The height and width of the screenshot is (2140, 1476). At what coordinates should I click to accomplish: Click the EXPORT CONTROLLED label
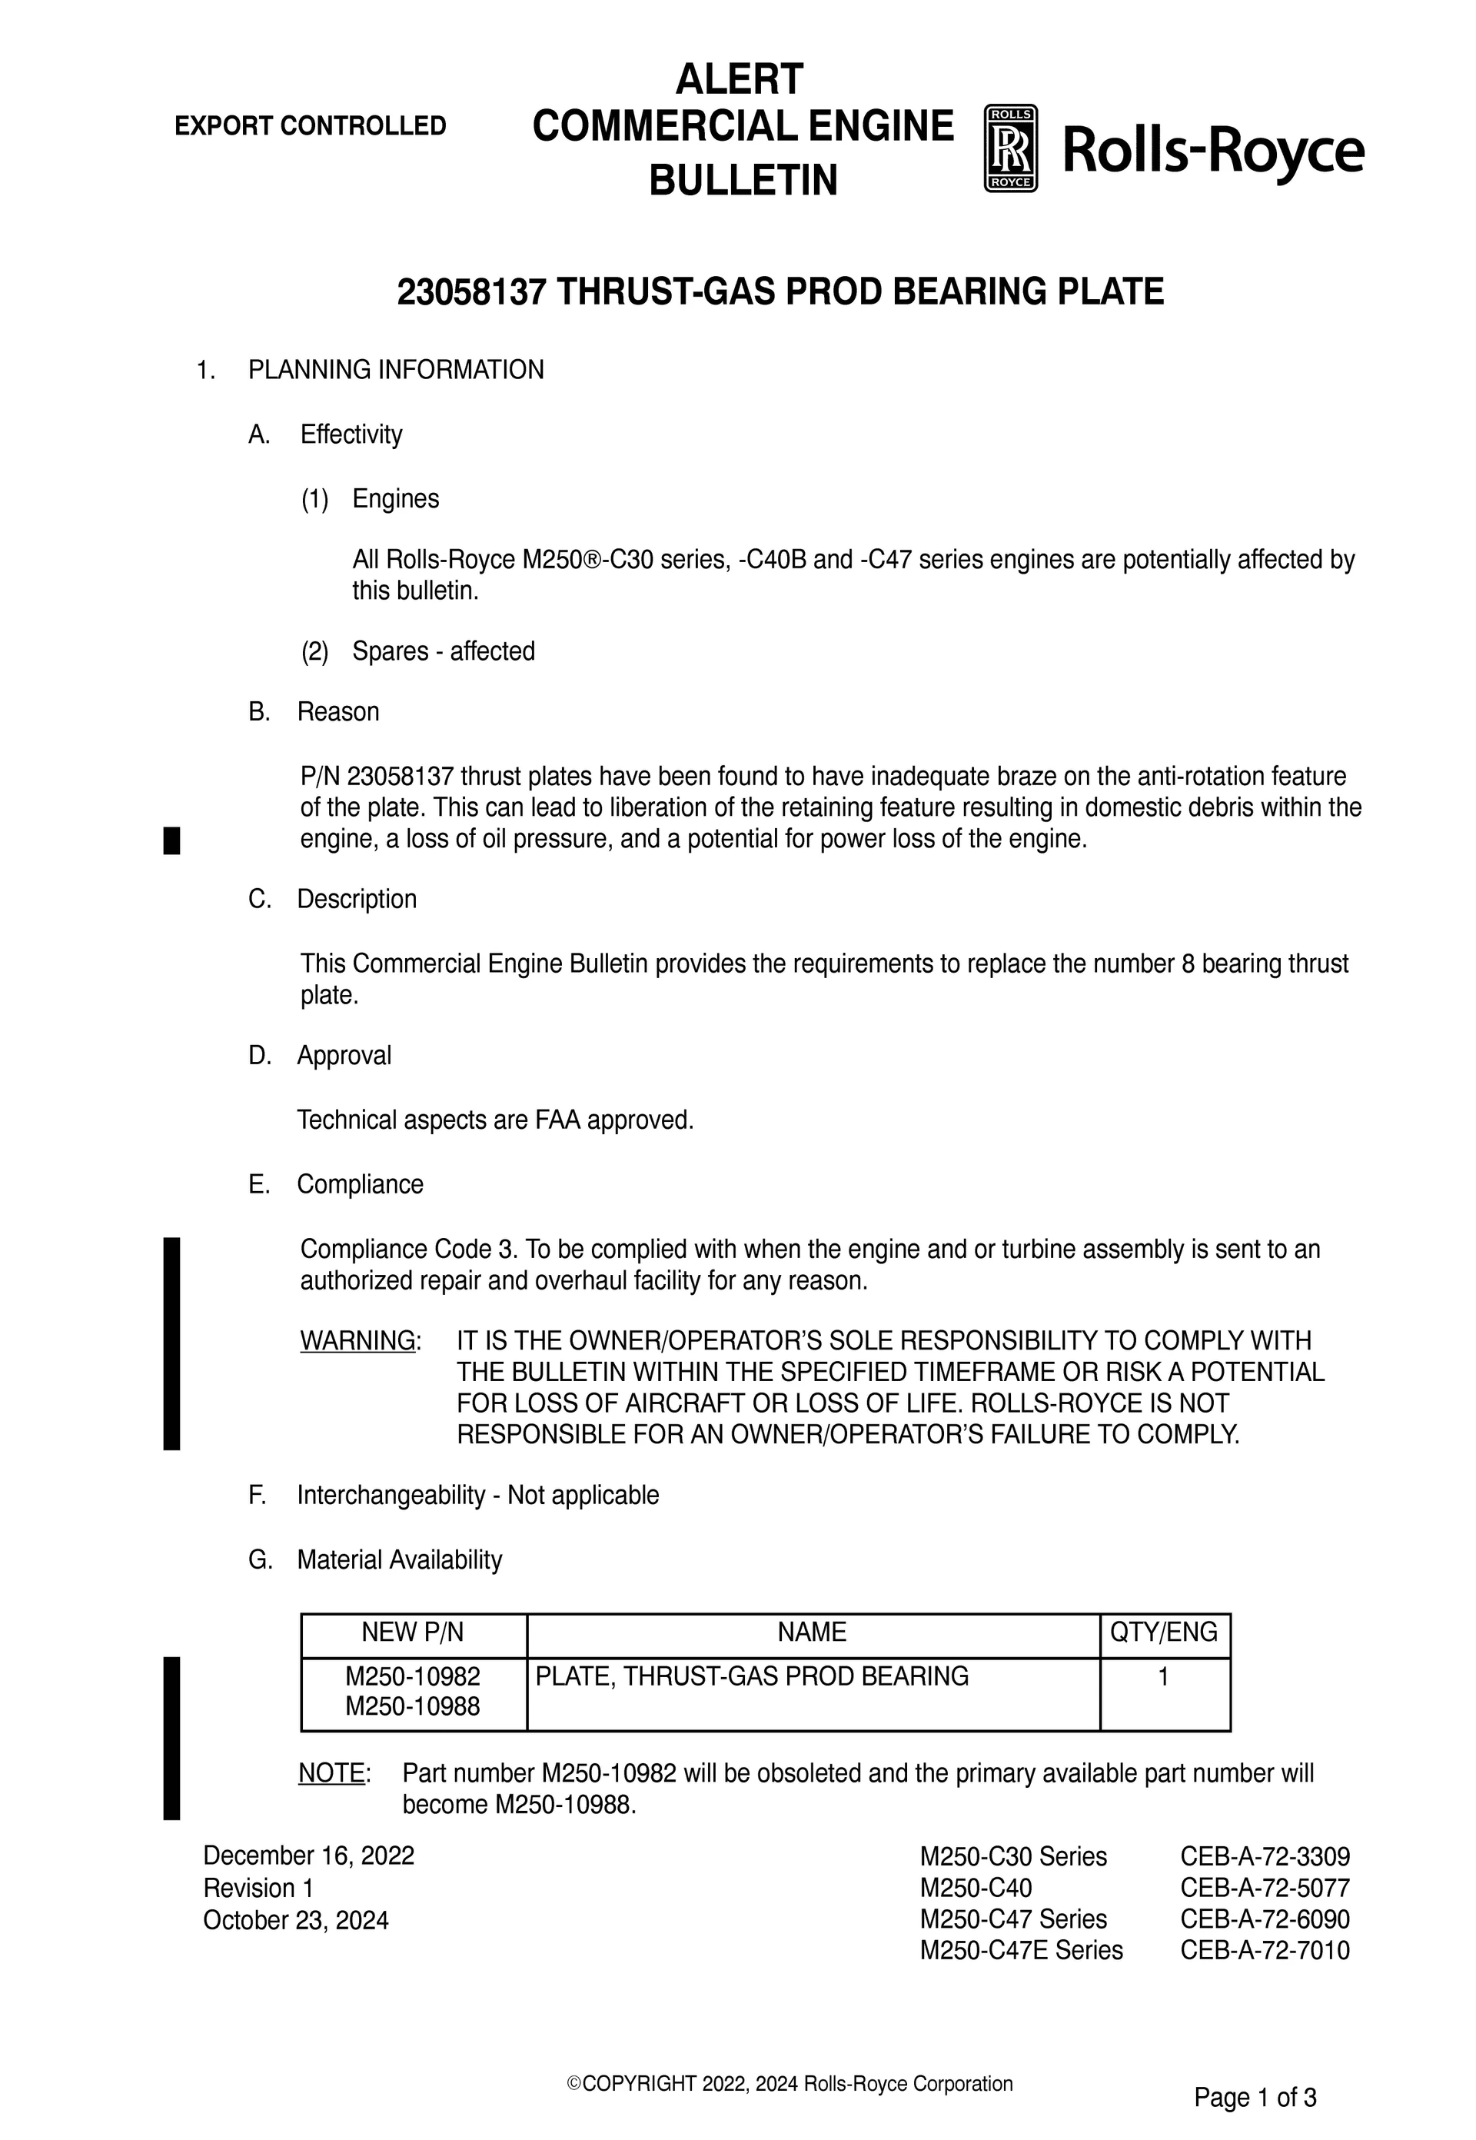click(x=310, y=126)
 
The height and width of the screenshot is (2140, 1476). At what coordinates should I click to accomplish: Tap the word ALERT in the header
click(x=739, y=79)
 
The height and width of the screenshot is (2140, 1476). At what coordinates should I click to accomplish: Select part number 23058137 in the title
click(x=473, y=292)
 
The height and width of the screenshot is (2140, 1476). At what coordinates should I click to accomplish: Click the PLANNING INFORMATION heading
click(x=396, y=370)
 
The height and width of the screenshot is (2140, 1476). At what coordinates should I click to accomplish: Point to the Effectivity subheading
click(x=351, y=434)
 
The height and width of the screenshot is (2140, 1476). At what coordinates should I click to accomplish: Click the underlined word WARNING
click(x=358, y=1340)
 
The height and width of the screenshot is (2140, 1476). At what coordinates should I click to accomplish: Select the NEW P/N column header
click(x=413, y=1632)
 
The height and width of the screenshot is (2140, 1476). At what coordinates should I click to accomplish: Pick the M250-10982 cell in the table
click(x=413, y=1676)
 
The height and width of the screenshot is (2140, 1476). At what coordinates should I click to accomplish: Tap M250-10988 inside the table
click(x=413, y=1706)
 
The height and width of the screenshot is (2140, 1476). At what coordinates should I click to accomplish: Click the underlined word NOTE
click(x=332, y=1773)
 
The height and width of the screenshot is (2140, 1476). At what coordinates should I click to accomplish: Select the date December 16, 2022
click(x=309, y=1856)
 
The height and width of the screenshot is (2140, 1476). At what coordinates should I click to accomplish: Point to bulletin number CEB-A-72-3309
click(x=1265, y=1856)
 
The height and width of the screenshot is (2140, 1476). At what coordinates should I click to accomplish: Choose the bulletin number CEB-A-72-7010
click(x=1265, y=1950)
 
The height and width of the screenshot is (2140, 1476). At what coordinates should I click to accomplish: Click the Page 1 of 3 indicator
click(x=1255, y=2098)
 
